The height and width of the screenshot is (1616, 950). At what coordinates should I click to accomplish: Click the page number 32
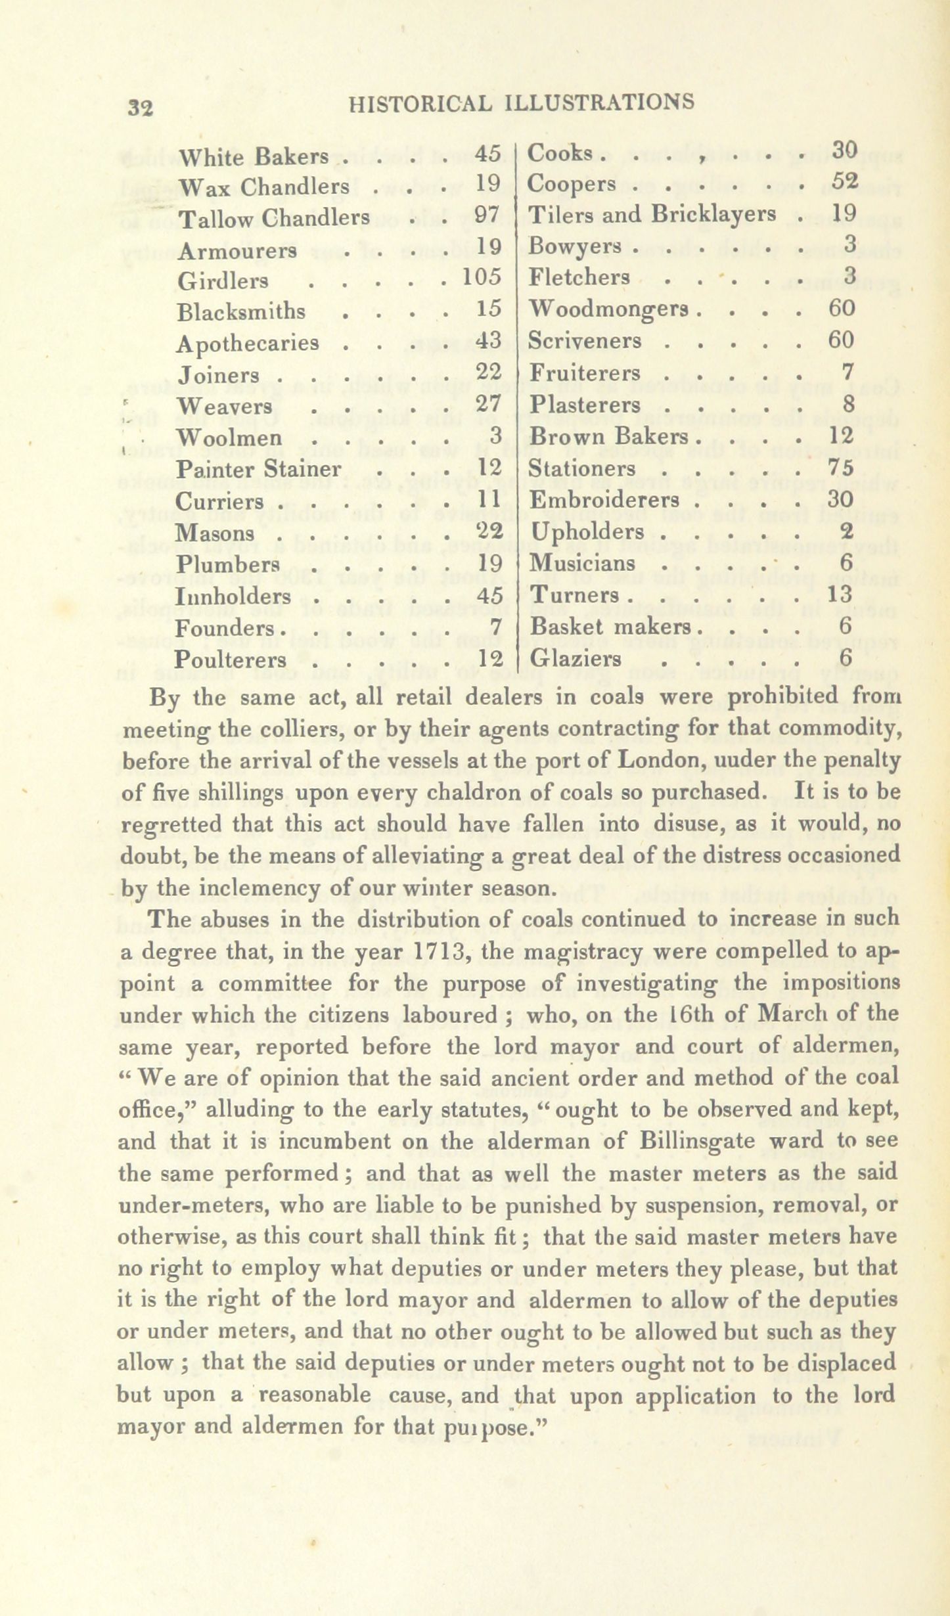tap(141, 107)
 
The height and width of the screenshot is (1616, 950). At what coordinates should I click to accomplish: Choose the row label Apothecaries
tap(248, 343)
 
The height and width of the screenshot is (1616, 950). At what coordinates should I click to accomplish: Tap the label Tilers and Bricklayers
tap(652, 214)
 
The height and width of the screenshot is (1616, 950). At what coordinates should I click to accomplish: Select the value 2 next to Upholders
tap(846, 531)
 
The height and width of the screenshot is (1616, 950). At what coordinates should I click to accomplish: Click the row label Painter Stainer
tap(259, 469)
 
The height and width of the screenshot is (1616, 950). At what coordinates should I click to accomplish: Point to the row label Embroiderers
tap(604, 500)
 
